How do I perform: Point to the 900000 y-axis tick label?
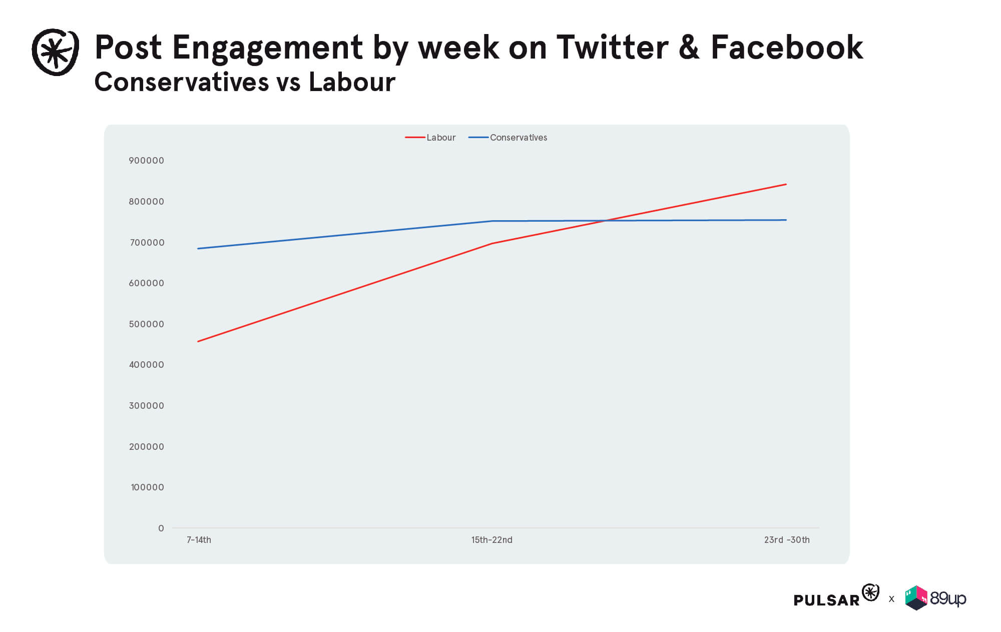point(146,161)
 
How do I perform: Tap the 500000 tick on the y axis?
point(146,324)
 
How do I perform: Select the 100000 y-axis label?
point(147,487)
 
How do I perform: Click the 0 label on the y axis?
point(161,528)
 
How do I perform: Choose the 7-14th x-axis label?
point(199,540)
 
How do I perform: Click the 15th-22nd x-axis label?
point(491,540)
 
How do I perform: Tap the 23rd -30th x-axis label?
point(787,540)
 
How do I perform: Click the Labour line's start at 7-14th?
point(198,342)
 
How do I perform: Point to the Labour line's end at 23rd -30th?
point(786,184)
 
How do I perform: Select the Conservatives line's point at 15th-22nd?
point(492,221)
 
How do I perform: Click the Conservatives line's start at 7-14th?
point(198,249)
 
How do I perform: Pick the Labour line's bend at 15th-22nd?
point(492,244)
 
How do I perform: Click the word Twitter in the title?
point(612,48)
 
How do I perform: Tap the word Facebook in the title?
point(787,48)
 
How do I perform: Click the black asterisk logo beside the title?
point(55,52)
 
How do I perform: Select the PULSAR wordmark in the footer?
point(826,600)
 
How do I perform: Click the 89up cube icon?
point(916,598)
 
